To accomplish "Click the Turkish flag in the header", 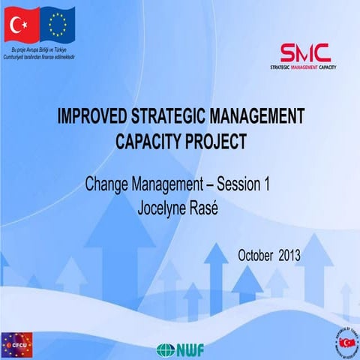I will point(22,25).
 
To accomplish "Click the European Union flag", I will point(58,25).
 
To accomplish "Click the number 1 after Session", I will point(265,184).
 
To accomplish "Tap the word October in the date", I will point(256,255).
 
